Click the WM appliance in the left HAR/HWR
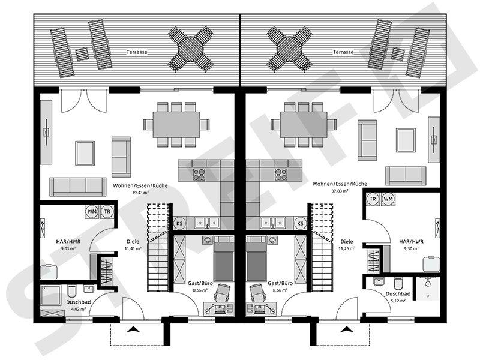click(x=92, y=211)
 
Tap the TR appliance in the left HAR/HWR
click(x=107, y=211)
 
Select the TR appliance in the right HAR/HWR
click(x=373, y=199)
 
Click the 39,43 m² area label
click(x=140, y=193)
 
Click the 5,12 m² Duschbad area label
click(x=398, y=301)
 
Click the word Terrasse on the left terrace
click(x=137, y=52)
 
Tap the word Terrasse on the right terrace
click(x=343, y=52)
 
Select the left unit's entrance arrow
click(x=134, y=329)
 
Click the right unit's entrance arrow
click(x=346, y=329)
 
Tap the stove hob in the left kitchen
click(x=200, y=174)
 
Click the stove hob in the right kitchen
click(x=280, y=174)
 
